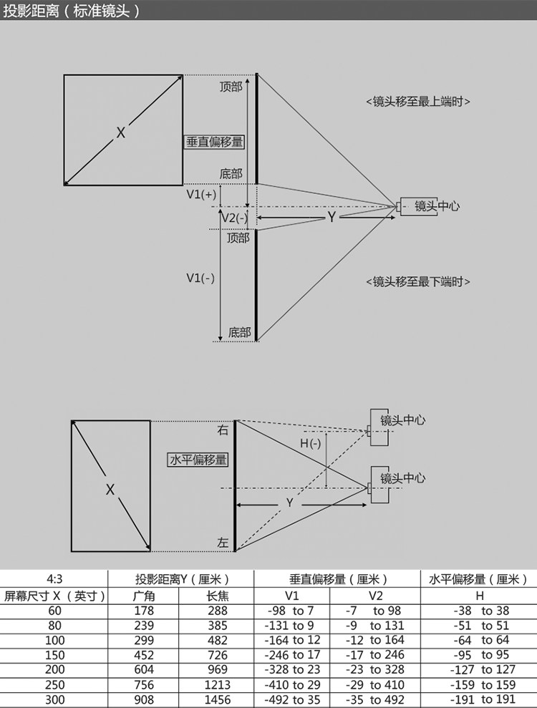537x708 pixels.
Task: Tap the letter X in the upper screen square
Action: coord(121,132)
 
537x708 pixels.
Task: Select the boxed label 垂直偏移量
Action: coord(215,142)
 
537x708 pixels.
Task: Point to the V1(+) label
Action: coord(201,194)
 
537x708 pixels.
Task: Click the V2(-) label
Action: coord(234,218)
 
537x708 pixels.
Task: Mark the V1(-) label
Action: coord(200,278)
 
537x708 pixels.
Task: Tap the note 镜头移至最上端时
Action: coord(418,102)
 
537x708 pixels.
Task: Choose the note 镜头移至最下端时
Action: coord(418,281)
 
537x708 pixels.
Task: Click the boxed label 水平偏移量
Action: coord(198,460)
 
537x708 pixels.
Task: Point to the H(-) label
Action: coord(310,444)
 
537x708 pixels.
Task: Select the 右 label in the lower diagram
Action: coord(223,430)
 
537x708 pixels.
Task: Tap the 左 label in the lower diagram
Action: coord(223,544)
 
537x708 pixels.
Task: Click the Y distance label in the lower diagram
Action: coord(290,503)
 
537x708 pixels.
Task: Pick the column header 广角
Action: coord(145,596)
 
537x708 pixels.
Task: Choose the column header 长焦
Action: coord(217,596)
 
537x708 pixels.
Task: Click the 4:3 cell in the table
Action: coord(54,579)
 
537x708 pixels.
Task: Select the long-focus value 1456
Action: coord(217,700)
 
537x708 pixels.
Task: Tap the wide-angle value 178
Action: coord(145,611)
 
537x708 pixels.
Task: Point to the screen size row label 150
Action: coord(54,655)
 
